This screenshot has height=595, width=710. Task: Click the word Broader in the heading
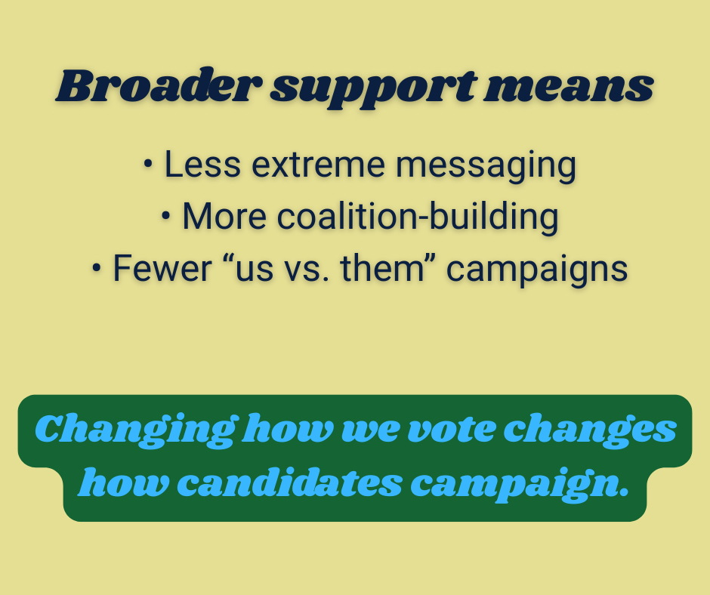click(159, 85)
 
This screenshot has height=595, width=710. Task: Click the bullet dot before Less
click(148, 164)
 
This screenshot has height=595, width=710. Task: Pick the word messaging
click(486, 167)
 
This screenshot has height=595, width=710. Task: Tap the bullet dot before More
click(165, 216)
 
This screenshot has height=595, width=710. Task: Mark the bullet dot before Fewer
click(96, 268)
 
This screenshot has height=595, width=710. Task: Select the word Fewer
click(162, 269)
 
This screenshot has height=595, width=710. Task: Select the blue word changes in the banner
click(590, 430)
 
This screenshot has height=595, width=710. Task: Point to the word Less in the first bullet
click(202, 165)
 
